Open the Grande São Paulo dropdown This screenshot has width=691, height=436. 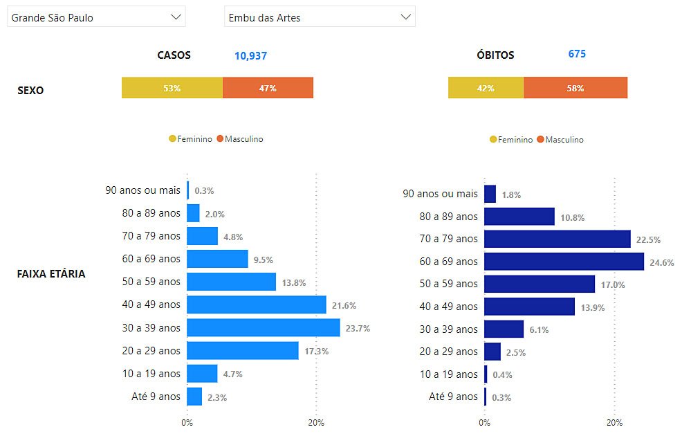tap(95, 17)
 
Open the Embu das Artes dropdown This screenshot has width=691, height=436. tap(320, 17)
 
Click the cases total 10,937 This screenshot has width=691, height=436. tap(250, 55)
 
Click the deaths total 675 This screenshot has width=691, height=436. tap(577, 53)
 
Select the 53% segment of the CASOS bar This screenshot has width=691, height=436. tap(172, 88)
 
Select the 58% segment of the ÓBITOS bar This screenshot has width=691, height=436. tap(575, 88)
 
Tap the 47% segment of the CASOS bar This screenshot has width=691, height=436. tap(268, 88)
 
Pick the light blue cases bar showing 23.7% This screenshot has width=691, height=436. tap(264, 328)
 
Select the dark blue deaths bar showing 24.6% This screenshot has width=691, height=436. tap(564, 262)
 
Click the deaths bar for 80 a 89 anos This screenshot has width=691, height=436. tap(519, 217)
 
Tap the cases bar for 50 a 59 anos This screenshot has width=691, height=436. tap(231, 282)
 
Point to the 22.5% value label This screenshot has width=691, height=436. tap(648, 239)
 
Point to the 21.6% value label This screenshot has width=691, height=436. tap(343, 305)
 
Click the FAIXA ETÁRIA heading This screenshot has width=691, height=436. tap(51, 273)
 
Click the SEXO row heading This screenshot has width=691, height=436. tap(30, 90)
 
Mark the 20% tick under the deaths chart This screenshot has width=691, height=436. tap(614, 422)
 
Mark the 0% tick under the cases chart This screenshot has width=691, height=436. tap(187, 421)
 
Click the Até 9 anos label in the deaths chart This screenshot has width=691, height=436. tap(453, 397)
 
